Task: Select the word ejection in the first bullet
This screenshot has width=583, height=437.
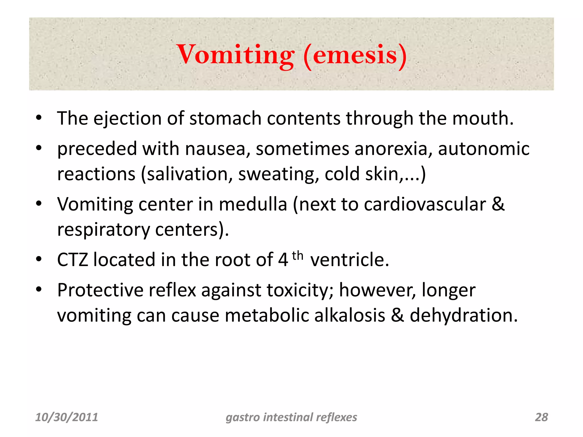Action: click(x=128, y=118)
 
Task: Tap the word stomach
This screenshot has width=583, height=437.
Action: click(x=225, y=118)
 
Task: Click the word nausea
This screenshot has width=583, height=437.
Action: click(x=215, y=149)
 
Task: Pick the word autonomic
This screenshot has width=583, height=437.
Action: click(x=484, y=149)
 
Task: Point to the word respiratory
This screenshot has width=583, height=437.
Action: click(x=103, y=230)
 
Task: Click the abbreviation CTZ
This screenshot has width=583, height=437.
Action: click(x=73, y=260)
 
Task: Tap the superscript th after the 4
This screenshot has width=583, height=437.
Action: click(x=297, y=256)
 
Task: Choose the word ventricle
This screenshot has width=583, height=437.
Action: click(x=349, y=260)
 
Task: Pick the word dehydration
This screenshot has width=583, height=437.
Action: click(x=463, y=316)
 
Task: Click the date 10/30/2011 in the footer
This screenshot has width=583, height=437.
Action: click(x=67, y=417)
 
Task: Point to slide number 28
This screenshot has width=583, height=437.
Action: click(x=541, y=417)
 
